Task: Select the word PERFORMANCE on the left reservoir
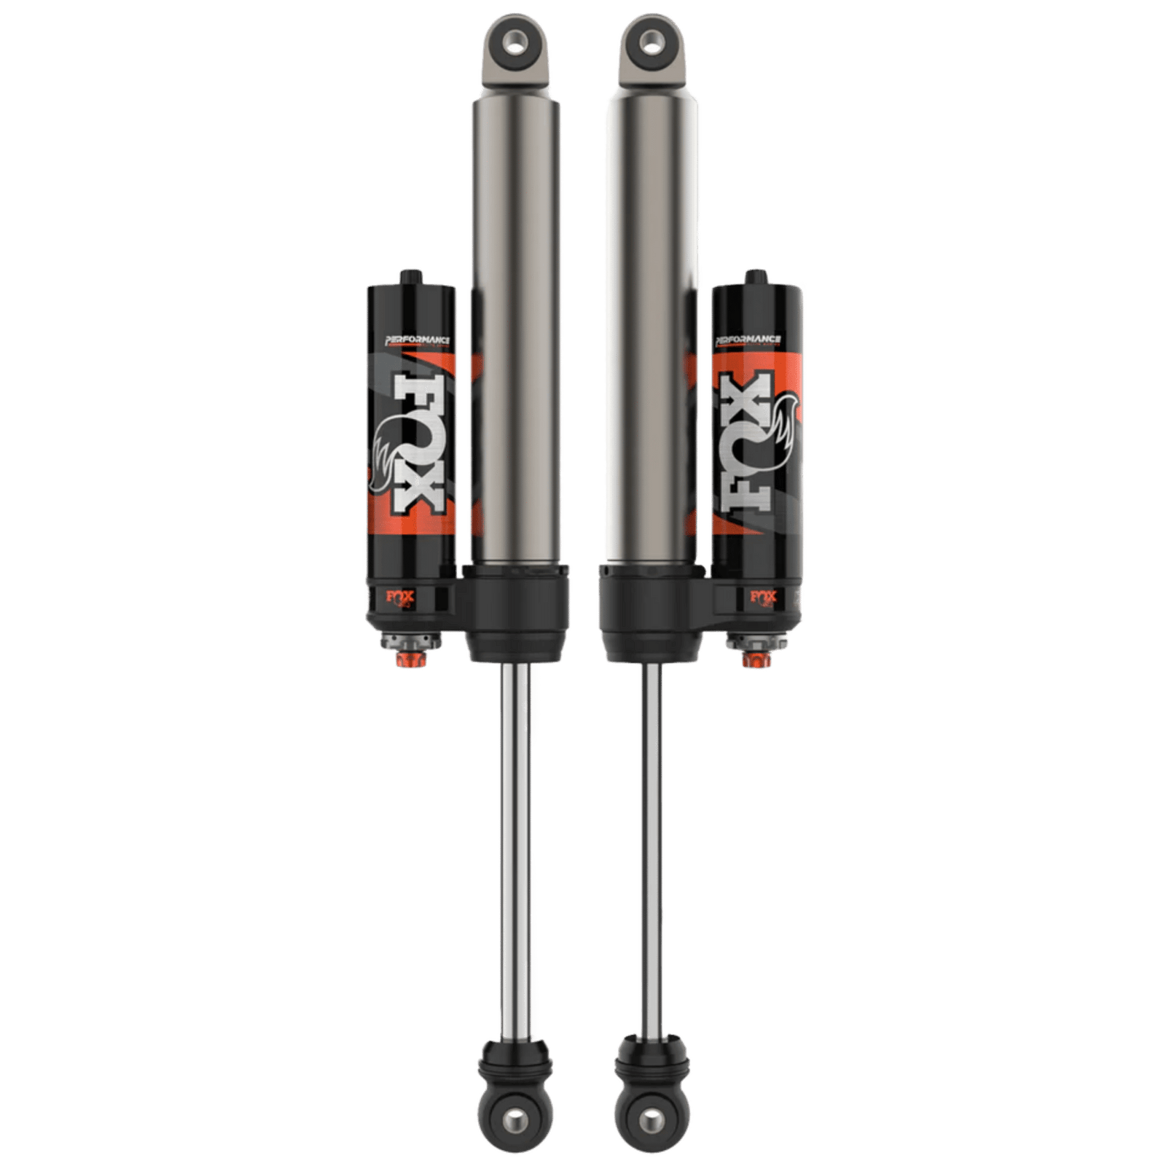point(412,339)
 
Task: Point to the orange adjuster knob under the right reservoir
point(751,660)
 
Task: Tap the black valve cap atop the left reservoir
point(406,278)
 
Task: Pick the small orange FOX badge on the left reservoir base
point(405,597)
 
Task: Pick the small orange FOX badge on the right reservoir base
point(761,597)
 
